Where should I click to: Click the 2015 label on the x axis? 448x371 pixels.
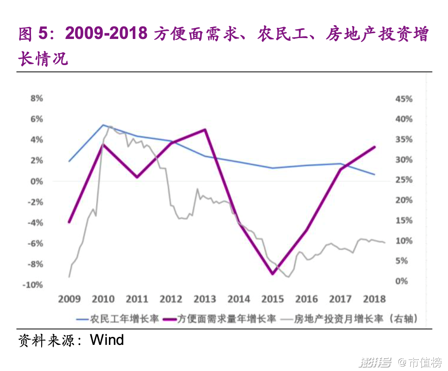pyautogui.click(x=272, y=299)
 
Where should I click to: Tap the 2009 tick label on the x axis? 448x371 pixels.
pyautogui.click(x=70, y=299)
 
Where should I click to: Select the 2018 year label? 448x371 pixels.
pyautogui.click(x=374, y=299)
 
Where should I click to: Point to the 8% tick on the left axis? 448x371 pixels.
pyautogui.click(x=37, y=99)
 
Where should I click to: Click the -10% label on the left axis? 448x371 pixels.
pyautogui.click(x=34, y=285)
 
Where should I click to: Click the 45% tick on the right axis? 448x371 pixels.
pyautogui.click(x=403, y=99)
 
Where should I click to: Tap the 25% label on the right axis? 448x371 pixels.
pyautogui.click(x=403, y=180)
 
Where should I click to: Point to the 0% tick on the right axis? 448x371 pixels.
pyautogui.click(x=402, y=281)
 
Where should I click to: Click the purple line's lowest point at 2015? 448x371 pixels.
pyautogui.click(x=272, y=274)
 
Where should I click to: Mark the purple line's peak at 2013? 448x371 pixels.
pyautogui.click(x=205, y=130)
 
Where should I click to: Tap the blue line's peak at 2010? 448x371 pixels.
pyautogui.click(x=103, y=125)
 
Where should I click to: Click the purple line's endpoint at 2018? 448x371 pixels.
pyautogui.click(x=375, y=147)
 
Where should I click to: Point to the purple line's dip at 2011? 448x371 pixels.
pyautogui.click(x=137, y=177)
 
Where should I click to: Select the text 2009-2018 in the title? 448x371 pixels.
pyautogui.click(x=106, y=34)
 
